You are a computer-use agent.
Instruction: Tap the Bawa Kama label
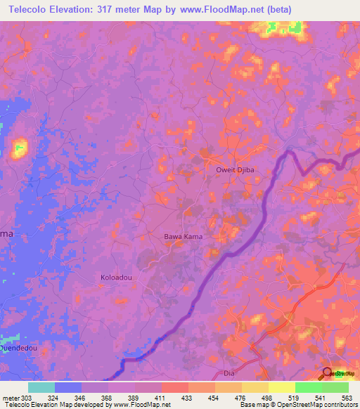point(183,237)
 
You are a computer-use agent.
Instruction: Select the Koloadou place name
point(116,278)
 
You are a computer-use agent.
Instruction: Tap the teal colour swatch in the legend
point(41,387)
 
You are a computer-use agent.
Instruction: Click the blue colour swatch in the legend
point(68,387)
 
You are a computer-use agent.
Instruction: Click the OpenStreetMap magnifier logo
point(328,373)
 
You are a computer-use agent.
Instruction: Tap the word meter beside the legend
point(10,397)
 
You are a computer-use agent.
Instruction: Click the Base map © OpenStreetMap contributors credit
point(297,405)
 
